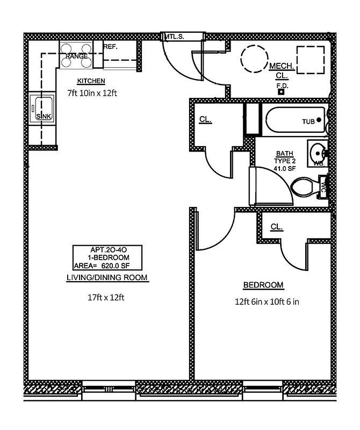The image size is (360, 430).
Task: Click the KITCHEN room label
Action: coord(90,81)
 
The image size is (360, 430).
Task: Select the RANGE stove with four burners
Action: coord(76,56)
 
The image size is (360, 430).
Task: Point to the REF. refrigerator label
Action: coord(110,47)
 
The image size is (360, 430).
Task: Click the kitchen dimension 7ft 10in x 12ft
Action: coord(92,93)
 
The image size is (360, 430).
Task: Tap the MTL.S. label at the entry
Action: coord(175,37)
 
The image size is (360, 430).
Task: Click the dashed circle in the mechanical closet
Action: coord(253,58)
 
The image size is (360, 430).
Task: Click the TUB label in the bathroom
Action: coord(308,121)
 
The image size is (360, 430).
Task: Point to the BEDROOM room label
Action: coord(263,285)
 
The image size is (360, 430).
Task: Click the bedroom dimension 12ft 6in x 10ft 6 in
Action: coord(263,302)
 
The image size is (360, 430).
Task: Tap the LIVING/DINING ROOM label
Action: coord(106,277)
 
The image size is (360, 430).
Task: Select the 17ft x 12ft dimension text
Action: coord(106,297)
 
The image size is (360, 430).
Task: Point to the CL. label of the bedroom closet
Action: coord(276,227)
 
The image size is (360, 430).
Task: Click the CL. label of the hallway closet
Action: coord(205,119)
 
